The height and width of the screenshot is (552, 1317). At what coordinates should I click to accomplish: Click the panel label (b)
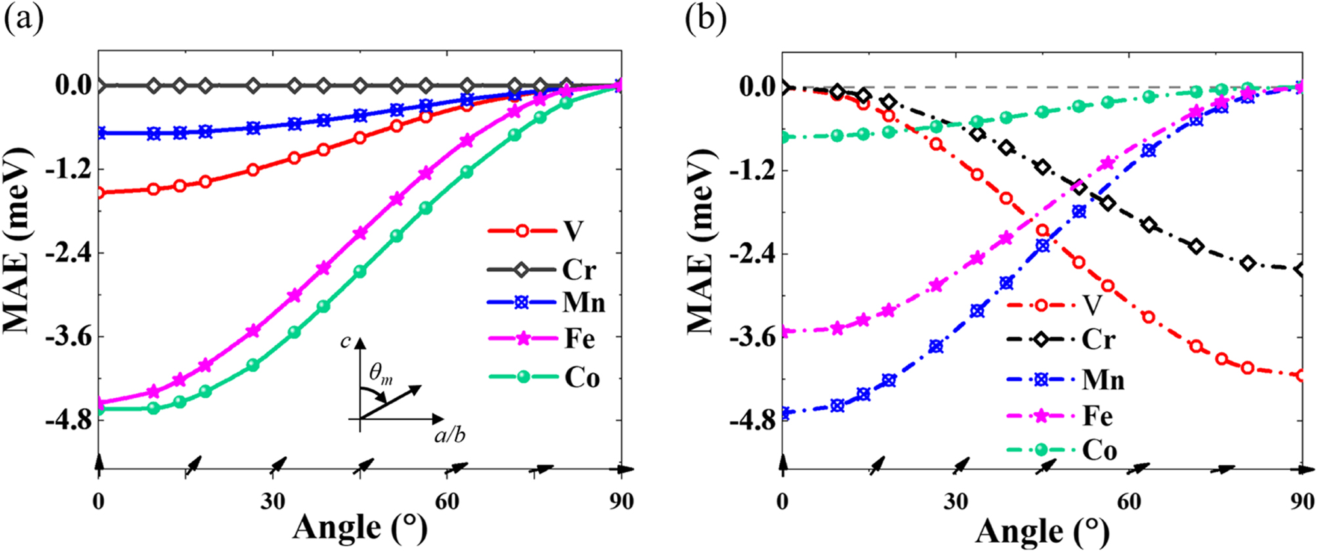click(706, 19)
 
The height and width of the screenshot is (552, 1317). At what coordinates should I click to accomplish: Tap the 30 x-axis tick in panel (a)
click(273, 502)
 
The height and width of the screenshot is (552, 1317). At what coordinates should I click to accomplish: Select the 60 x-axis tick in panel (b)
click(1129, 502)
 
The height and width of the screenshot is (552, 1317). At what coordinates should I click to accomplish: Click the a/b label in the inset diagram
click(450, 435)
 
